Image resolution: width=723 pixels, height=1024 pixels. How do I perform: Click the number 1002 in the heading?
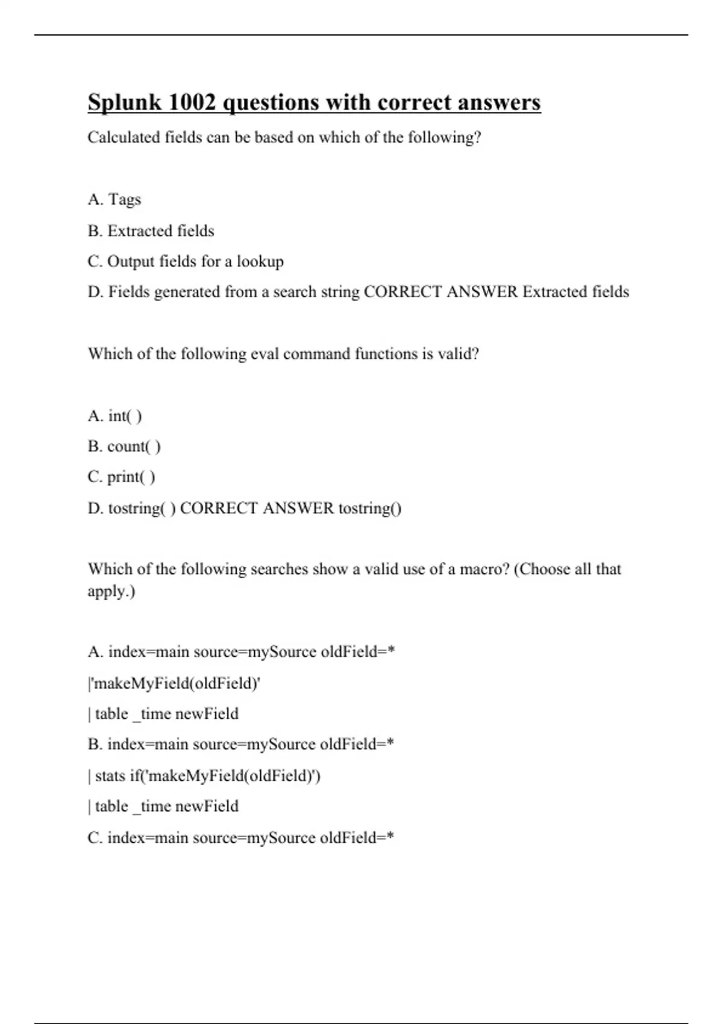192,102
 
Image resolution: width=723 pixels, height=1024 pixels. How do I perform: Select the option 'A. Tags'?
114,199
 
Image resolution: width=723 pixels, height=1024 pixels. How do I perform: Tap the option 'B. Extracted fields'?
151,231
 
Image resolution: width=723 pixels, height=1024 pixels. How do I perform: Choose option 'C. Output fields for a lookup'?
186,261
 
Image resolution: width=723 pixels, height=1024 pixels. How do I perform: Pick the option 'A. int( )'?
114,416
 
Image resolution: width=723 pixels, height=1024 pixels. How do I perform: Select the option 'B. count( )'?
124,446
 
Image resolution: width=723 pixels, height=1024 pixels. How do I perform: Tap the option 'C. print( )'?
121,477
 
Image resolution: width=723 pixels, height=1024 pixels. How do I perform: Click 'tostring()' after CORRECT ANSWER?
370,508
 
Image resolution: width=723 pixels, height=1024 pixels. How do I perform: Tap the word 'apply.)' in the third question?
111,591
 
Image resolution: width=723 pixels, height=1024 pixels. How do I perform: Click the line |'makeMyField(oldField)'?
174,684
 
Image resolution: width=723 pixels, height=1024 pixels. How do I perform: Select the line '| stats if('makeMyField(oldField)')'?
204,776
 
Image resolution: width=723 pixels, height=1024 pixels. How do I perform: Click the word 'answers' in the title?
499,102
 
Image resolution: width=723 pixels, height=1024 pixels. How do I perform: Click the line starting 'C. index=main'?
241,838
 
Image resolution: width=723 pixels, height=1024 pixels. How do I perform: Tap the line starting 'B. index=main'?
241,745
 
